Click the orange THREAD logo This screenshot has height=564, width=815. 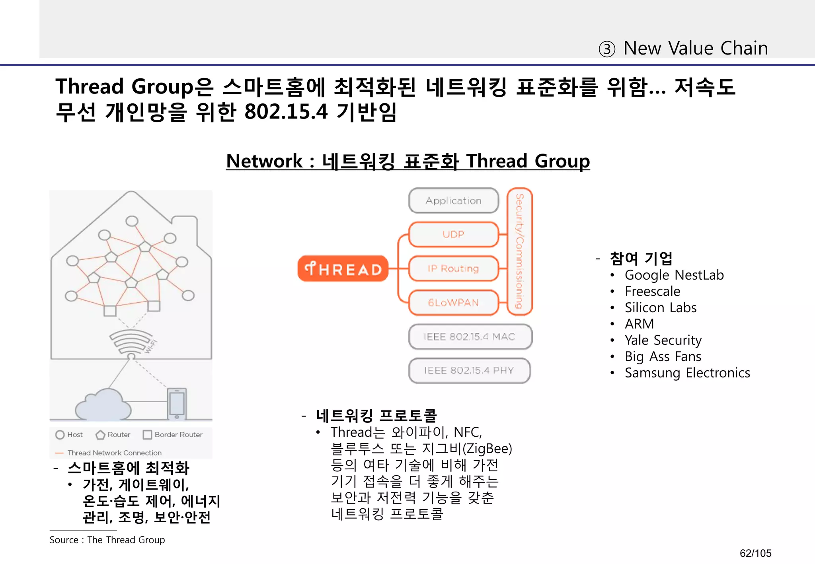click(x=343, y=269)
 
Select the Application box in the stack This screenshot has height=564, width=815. click(x=453, y=201)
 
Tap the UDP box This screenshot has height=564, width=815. click(x=453, y=235)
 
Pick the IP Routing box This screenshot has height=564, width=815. click(x=453, y=269)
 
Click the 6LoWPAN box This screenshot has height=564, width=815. click(x=453, y=303)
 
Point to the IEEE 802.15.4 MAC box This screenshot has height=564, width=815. click(x=470, y=337)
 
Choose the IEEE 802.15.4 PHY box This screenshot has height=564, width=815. click(x=469, y=371)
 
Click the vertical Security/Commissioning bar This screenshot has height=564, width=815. click(x=520, y=251)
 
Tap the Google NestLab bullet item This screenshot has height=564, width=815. click(x=674, y=275)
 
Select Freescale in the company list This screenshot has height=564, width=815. click(x=652, y=292)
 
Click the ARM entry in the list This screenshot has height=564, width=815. click(x=639, y=324)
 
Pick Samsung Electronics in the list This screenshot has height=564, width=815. click(x=687, y=373)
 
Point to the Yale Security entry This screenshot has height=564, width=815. click(x=663, y=340)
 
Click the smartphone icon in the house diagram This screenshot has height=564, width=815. click(x=177, y=403)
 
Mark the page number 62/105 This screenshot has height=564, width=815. click(x=755, y=553)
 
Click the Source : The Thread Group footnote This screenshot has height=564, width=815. click(x=107, y=540)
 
